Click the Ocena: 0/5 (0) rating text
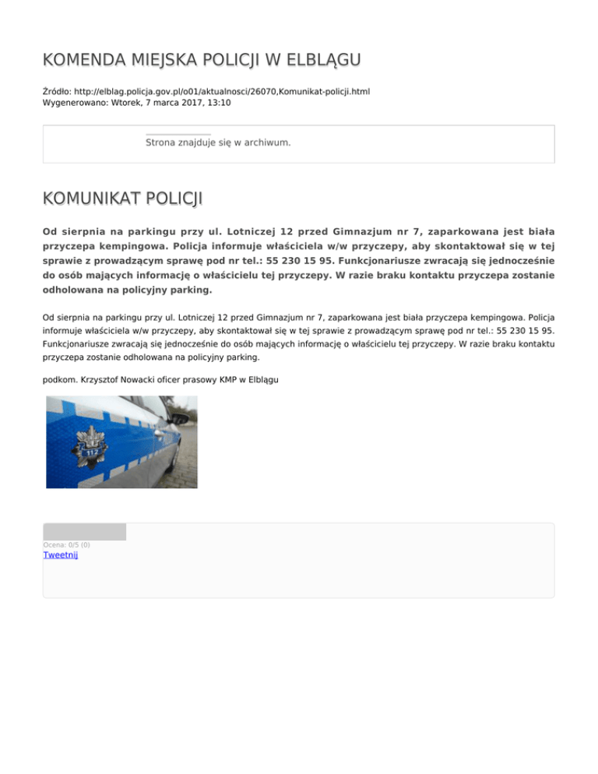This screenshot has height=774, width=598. click(x=66, y=544)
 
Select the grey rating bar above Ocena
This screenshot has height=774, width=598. click(x=84, y=532)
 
